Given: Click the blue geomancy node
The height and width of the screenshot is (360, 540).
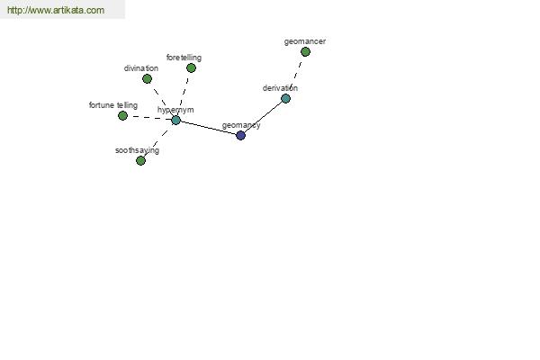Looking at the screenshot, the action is coord(240,135).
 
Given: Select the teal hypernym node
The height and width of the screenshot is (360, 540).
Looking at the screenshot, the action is coord(176,121).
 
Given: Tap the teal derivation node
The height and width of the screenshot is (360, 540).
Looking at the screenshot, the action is coord(285,98).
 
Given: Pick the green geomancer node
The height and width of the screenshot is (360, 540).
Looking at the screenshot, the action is coord(305,51).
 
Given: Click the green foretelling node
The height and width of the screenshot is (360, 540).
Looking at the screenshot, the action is coord(191,67).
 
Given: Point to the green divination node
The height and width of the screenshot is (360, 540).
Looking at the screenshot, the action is coord(147,79).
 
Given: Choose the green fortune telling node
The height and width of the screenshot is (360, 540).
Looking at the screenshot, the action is coord(122,116).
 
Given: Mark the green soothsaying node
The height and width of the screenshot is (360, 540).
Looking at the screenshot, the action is coord(140,160).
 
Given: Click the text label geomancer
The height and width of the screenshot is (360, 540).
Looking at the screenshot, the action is coord(305,41).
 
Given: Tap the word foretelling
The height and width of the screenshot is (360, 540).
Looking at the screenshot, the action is coord(184,58).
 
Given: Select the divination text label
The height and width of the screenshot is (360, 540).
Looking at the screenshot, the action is coord(141,68).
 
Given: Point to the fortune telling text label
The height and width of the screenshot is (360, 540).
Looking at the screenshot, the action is coord(113,105).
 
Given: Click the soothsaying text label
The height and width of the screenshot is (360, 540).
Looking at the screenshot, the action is coord(137,150).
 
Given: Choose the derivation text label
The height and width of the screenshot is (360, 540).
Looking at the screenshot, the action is coord(280,88).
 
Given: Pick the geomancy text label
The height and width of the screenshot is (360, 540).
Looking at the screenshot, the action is coord(241,125).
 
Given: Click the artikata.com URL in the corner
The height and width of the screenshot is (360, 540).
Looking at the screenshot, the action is coord(56,10).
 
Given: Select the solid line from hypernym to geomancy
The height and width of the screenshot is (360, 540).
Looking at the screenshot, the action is coord(209,128).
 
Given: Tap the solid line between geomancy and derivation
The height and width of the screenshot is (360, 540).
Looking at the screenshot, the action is coord(263,117).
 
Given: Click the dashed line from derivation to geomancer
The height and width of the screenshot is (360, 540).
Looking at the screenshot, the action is coord(295,75).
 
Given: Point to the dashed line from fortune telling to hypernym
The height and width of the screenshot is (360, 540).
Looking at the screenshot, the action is coord(149,118).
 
